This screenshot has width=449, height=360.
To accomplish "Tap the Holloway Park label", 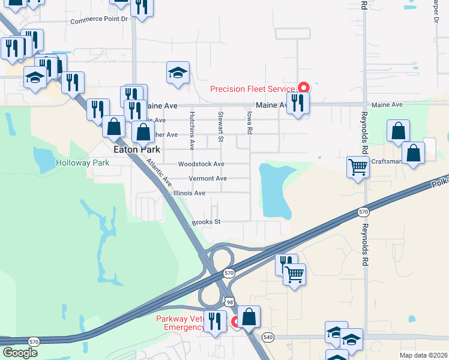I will point(82,163).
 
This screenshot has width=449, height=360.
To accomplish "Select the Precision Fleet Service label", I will point(252,89).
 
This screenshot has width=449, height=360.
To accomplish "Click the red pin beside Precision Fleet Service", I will point(304,88).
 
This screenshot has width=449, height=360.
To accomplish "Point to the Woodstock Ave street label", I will point(201,164).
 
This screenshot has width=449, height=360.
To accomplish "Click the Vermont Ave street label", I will point(208,179).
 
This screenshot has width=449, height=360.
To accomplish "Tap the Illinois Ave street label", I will point(189,193).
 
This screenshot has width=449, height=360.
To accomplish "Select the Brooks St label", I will point(206,222).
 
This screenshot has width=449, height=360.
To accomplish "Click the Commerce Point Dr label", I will point(100,20).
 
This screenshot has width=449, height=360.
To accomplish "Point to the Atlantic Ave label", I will point(159,173).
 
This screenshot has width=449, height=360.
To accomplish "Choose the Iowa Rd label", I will point(249,122).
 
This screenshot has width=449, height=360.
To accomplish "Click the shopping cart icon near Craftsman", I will point(358,167).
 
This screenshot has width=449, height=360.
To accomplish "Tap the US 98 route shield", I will point(229,302).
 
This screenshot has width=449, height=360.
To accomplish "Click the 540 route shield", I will point(268,337).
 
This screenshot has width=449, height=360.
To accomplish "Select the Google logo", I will point(20,353).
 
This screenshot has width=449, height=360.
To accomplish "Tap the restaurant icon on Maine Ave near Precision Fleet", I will point(298,103).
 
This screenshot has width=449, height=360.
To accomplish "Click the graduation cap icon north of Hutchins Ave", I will point(178,73).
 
